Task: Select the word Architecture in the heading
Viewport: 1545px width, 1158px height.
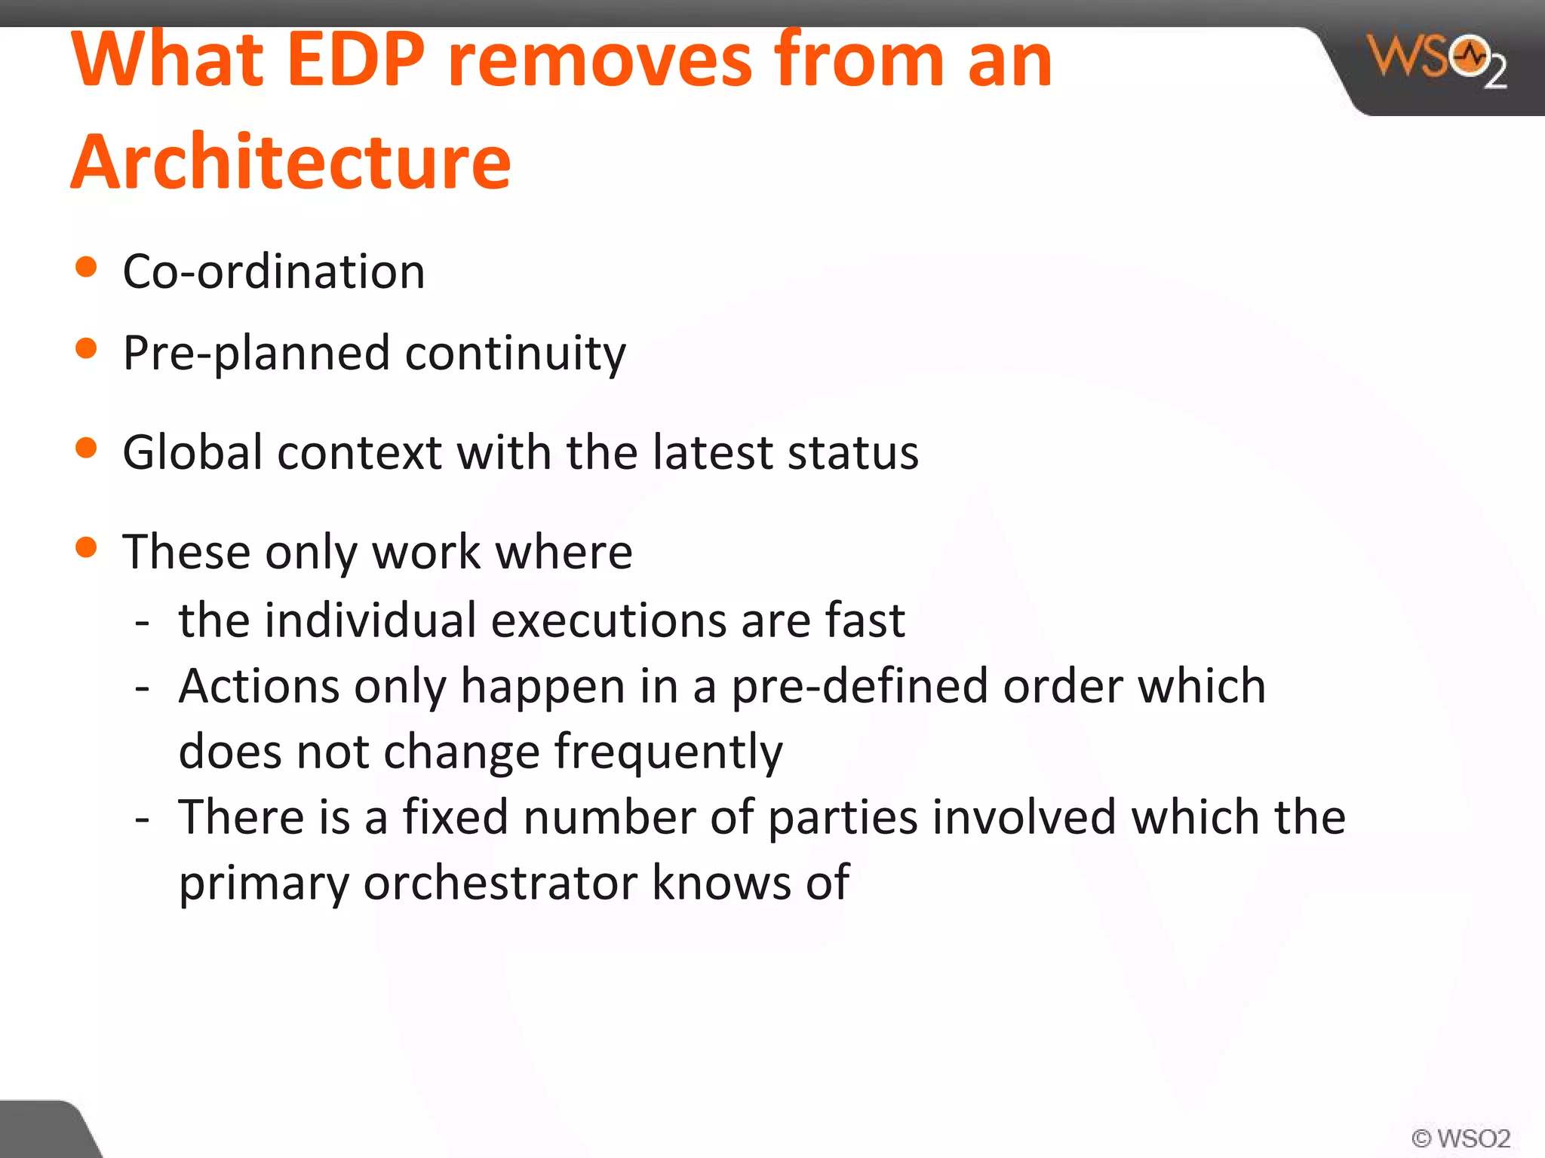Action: pos(291,161)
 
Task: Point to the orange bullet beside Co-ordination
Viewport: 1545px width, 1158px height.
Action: pos(87,267)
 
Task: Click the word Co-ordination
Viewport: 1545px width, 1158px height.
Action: pos(274,271)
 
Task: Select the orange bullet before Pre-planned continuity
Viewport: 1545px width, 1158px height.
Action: pos(87,348)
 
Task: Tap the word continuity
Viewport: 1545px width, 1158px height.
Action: pos(515,353)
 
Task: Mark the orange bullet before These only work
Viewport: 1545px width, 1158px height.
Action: pos(87,547)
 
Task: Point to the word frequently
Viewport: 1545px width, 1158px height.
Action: pos(668,752)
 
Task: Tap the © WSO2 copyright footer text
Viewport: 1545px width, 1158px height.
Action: pos(1461,1138)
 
